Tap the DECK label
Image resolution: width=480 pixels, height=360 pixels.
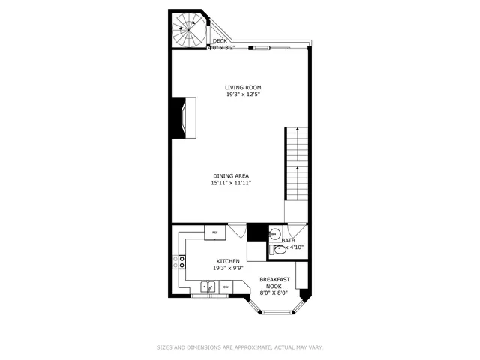pos(220,41)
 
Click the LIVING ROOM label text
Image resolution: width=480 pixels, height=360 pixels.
pos(243,87)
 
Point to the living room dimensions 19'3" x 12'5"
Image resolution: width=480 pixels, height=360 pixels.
pos(243,94)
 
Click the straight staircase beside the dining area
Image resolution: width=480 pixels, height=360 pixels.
pos(296,163)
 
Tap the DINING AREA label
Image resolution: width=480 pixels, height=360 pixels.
pos(231,175)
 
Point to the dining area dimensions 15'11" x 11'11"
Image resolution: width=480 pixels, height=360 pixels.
pos(231,183)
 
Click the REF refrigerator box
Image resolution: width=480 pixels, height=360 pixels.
pos(215,232)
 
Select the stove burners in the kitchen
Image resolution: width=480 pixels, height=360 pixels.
pos(181,262)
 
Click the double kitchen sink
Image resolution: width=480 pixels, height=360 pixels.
pos(208,286)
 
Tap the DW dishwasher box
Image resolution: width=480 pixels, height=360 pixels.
pos(226,286)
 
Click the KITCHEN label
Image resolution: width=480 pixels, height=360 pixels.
pos(228,261)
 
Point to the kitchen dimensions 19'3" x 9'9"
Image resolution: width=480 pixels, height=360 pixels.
pos(228,268)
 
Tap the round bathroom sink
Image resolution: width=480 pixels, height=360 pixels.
pos(275,232)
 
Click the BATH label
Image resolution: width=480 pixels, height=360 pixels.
pos(289,240)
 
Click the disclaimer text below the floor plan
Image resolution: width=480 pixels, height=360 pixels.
pos(240,347)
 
